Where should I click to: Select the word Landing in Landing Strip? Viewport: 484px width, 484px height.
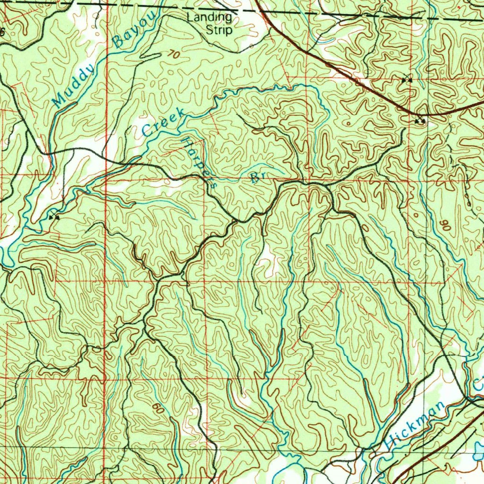(x=209, y=18)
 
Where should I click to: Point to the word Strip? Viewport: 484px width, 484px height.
(x=219, y=31)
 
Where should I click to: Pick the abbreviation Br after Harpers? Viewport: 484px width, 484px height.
(x=258, y=177)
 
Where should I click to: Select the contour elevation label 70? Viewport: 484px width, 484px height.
(x=173, y=54)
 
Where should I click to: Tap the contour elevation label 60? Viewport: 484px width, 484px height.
(x=159, y=408)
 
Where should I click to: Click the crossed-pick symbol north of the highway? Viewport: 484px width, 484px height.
(x=406, y=80)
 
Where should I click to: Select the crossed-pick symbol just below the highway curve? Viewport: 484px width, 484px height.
(x=420, y=121)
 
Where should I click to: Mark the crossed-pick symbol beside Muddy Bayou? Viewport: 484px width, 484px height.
(x=54, y=217)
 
